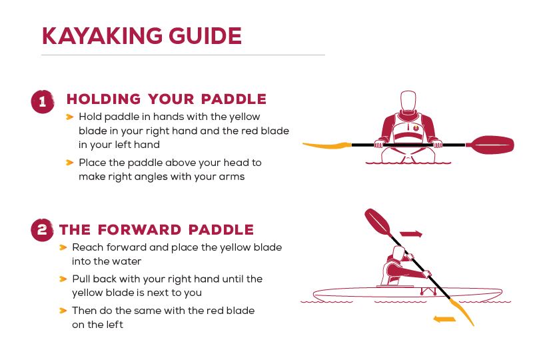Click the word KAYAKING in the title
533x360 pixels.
click(102, 36)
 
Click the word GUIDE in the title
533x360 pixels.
click(205, 36)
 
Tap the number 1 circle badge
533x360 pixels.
click(43, 101)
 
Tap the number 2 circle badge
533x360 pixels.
click(42, 230)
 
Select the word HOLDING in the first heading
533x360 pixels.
click(103, 99)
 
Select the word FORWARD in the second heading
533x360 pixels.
click(139, 230)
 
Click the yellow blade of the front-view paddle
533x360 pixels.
click(327, 145)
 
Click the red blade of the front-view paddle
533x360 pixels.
click(490, 145)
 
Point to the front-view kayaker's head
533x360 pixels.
click(408, 101)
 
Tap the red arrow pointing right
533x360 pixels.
click(411, 234)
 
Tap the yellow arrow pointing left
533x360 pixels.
click(444, 319)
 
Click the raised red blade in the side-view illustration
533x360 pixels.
click(378, 222)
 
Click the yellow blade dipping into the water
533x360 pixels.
click(462, 313)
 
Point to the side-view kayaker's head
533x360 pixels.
click(398, 253)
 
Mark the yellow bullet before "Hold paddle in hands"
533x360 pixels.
click(70, 117)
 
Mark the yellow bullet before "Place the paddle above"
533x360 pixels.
click(70, 163)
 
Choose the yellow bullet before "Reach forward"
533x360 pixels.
click(63, 247)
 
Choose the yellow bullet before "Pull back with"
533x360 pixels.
click(63, 279)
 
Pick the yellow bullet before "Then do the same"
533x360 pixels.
click(63, 311)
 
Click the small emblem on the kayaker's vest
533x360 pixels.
click(416, 128)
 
